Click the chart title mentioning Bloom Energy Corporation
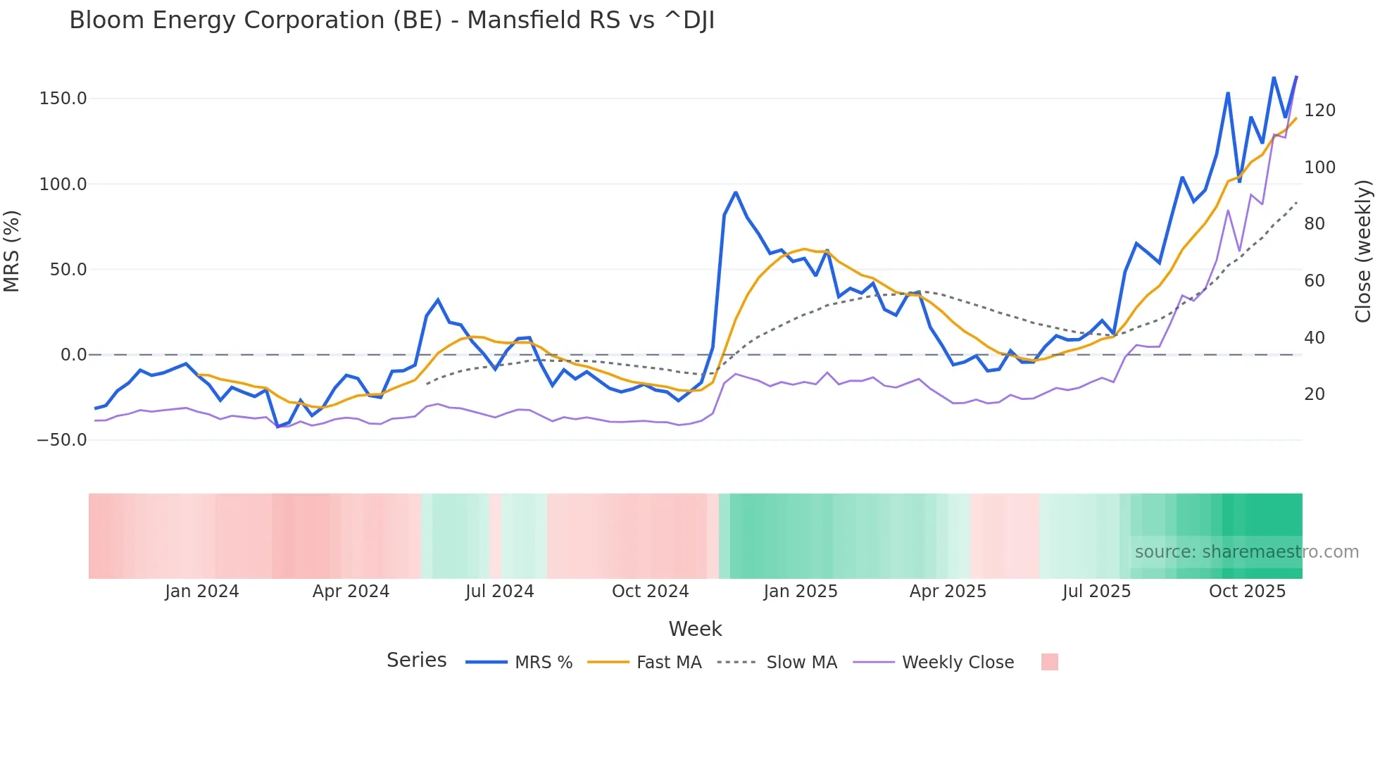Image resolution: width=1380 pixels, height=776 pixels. pos(391,20)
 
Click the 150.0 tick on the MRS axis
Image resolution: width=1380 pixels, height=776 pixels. pos(63,99)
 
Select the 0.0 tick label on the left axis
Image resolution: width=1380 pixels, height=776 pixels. pos(73,355)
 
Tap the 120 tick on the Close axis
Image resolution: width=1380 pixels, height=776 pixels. pos(1319,111)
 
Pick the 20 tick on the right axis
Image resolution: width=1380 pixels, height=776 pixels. pos(1314,394)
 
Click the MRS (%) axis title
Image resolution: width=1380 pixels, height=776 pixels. pos(12,251)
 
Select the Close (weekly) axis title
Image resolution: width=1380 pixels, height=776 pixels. pos(1363,251)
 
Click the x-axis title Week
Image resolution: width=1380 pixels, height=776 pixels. pos(695,629)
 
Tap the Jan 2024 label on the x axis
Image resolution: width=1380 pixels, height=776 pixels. pos(202,592)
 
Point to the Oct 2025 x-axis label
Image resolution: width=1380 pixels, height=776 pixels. pos(1247,592)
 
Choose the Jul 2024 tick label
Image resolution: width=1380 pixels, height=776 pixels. pos(500,592)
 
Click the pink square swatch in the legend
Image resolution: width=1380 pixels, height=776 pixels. pos(1049,662)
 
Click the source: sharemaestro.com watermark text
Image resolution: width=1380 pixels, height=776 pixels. pos(1246,552)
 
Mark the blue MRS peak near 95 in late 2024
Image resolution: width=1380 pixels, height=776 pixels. pos(735,192)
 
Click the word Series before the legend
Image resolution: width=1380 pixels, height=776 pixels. pos(416,661)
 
